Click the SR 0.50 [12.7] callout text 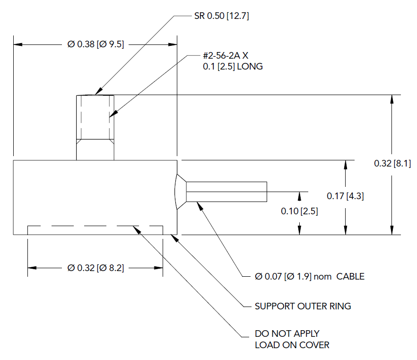coord(221,16)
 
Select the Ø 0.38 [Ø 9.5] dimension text coord(96,44)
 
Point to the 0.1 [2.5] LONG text coord(233,67)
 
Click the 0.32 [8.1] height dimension coord(392,164)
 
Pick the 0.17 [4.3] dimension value coord(346,195)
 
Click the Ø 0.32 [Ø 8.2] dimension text coord(96,268)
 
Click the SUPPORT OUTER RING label coord(303,306)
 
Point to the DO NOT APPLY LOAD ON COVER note coord(292,339)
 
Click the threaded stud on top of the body coord(95,127)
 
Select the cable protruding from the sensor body coord(226,192)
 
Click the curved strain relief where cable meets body coord(181,192)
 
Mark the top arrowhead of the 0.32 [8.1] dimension coord(391,98)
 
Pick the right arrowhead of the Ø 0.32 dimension coord(159,268)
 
